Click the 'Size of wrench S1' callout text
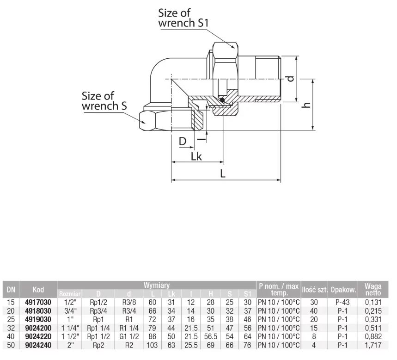(183, 18)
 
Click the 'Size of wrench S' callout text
(104, 101)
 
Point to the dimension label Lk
(196, 157)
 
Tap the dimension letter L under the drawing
(223, 174)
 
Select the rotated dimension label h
(306, 105)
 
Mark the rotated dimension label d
(291, 79)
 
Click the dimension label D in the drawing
(182, 141)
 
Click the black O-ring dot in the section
(222, 100)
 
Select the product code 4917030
(38, 302)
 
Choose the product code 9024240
(38, 345)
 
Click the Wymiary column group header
(157, 285)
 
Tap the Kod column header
(38, 290)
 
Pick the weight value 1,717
(373, 345)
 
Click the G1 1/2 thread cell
(129, 336)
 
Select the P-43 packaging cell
(342, 302)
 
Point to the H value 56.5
(211, 336)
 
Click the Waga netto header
(373, 290)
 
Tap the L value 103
(153, 345)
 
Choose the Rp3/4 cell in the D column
(98, 311)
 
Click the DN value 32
(11, 328)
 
